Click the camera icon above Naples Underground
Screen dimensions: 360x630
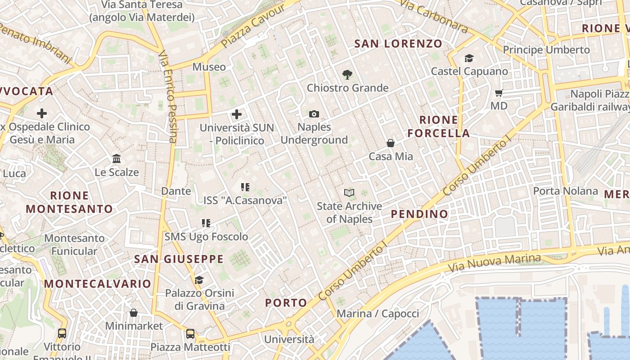point(314,114)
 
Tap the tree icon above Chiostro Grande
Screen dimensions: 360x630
point(347,75)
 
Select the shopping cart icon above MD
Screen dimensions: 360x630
point(499,93)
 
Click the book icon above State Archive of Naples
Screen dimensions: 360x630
point(349,193)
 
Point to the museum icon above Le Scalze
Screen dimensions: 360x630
point(117,159)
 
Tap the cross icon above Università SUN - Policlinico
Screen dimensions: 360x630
point(237,114)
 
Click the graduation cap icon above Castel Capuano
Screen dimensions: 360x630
point(469,58)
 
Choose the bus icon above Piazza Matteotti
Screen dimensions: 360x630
point(190,334)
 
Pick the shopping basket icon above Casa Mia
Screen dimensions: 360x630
point(391,144)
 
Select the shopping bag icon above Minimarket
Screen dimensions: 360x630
point(134,313)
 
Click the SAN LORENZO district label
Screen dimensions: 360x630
point(398,44)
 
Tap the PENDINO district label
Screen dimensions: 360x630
point(419,214)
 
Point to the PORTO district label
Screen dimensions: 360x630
point(286,303)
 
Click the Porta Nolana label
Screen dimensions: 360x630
point(565,191)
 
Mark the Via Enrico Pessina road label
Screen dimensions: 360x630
point(167,96)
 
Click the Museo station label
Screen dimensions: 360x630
point(209,67)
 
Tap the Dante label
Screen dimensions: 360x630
point(176,191)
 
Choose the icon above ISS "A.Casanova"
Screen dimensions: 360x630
point(245,187)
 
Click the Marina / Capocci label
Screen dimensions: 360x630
point(378,314)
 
